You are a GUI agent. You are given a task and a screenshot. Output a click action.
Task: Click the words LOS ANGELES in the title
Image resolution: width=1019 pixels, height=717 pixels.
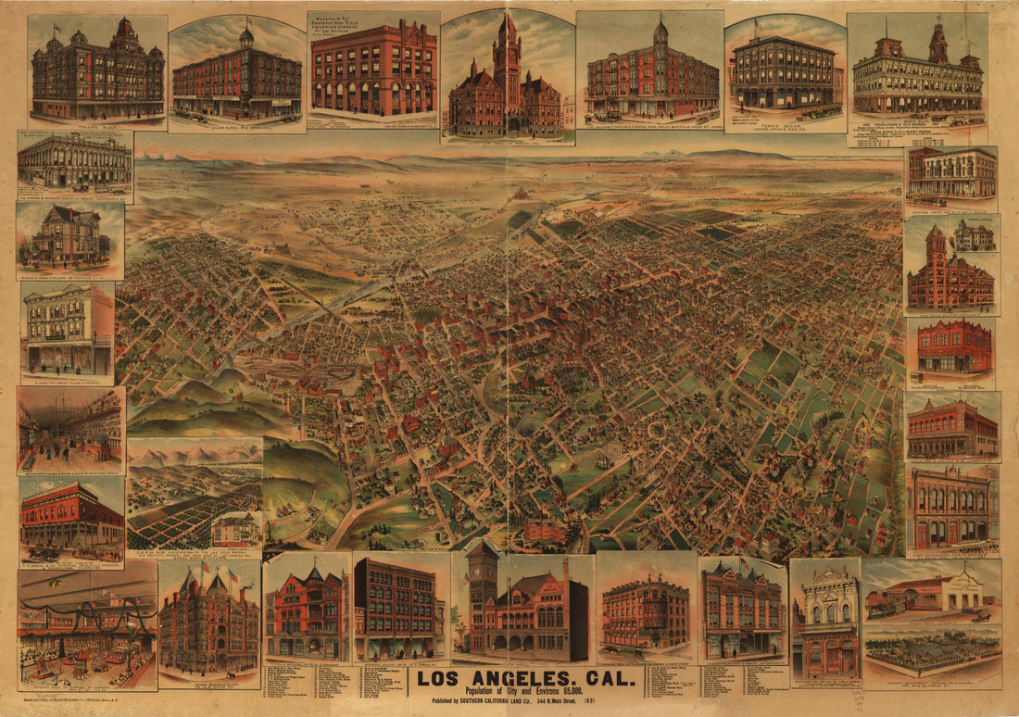tap(501, 679)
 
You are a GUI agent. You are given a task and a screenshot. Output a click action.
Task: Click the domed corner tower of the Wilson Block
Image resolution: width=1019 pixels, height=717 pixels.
tap(246, 37)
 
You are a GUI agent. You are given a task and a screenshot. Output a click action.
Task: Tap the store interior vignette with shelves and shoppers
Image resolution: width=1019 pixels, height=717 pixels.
tap(71, 429)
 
